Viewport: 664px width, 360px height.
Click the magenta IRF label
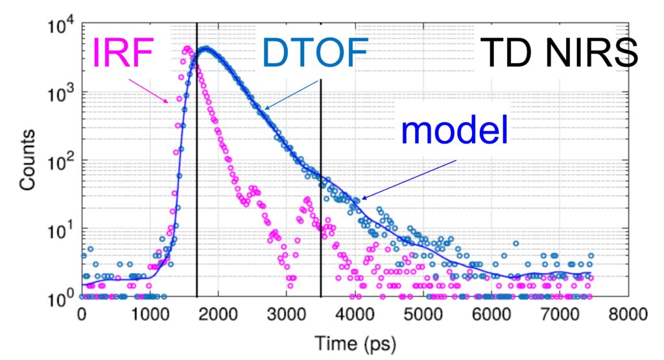123,52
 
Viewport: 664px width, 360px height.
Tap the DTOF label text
315,53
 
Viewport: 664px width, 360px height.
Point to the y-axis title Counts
27,160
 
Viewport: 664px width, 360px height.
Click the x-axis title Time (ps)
355,343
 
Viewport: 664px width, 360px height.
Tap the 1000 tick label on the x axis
149,314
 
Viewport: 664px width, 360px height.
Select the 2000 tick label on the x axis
218,314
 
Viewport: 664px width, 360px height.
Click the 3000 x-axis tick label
286,314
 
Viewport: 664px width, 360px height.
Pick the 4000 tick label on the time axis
355,314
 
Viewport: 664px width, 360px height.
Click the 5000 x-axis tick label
423,314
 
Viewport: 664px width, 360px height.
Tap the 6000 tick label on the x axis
492,314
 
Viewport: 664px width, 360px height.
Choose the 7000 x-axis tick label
560,314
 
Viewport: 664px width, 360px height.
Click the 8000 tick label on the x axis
628,314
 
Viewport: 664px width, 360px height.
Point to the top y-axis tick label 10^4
60,26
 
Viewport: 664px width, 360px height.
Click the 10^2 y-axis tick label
60,163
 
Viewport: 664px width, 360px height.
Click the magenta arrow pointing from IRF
148,90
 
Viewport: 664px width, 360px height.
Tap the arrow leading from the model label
409,179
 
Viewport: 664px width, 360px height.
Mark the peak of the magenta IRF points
186,49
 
